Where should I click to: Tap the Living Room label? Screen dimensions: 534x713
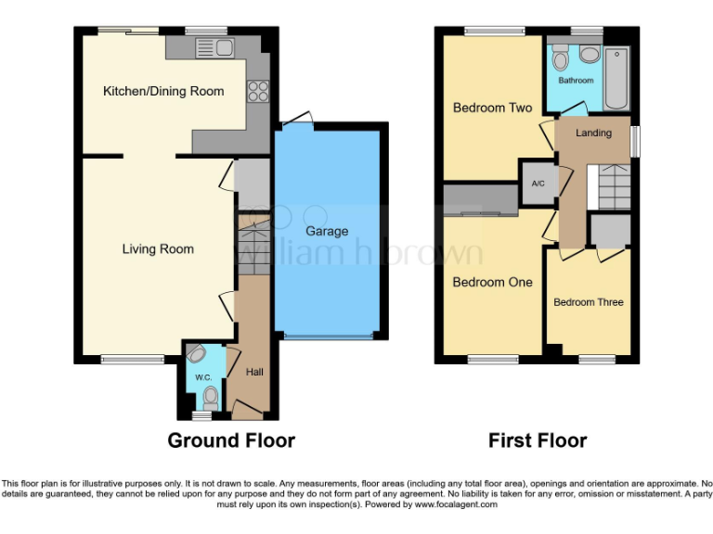158,248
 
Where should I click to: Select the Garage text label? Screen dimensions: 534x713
327,231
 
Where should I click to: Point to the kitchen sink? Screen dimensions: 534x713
201,47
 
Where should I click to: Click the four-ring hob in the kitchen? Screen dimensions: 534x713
257,92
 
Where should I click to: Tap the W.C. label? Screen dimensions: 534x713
203,377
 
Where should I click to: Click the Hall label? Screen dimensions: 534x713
254,372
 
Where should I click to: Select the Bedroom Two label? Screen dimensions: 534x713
492,108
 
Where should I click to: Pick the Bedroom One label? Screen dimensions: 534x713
492,282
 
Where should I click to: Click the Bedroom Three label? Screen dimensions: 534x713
589,302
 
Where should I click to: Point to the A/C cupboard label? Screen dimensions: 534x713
538,183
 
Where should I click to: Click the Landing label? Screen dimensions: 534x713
593,133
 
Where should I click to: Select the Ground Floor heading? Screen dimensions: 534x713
231,440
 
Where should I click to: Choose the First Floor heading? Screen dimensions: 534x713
538,440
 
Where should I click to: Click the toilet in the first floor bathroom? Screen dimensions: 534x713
559,59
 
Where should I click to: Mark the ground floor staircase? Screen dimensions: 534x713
253,246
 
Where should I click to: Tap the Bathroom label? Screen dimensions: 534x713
576,81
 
